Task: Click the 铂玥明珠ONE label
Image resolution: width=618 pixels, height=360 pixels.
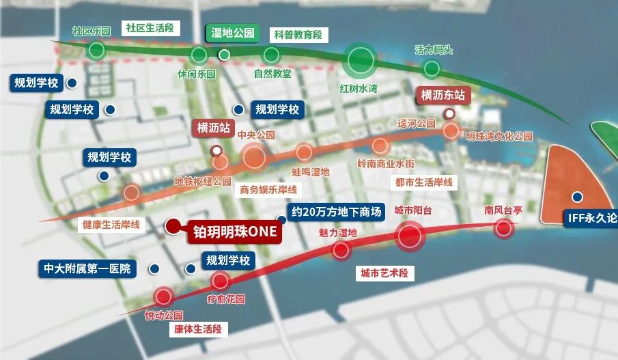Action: (x=233, y=232)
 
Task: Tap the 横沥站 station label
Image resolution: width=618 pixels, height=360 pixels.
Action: (x=214, y=128)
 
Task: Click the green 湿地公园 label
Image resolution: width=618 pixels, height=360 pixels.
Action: (x=232, y=33)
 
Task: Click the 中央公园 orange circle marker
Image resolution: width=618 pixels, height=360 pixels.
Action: (x=254, y=157)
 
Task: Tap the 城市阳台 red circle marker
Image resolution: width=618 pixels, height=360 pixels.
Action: (x=410, y=236)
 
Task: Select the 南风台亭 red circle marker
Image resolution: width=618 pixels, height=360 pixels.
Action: (x=503, y=228)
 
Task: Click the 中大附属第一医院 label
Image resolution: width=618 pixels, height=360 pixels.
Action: (x=87, y=268)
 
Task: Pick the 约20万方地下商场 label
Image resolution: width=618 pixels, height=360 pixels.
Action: (x=335, y=211)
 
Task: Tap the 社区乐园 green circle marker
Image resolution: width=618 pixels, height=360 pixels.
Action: (x=96, y=50)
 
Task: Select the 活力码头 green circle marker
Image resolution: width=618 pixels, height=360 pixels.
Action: (x=432, y=68)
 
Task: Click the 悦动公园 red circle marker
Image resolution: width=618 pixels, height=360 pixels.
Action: (x=163, y=296)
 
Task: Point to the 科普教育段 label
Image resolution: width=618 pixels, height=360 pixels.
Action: (x=298, y=34)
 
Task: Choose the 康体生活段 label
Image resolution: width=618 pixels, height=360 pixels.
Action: (x=197, y=329)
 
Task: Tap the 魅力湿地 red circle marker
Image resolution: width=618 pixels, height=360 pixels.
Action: (x=341, y=251)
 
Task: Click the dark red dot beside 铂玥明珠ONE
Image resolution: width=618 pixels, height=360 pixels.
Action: (x=173, y=225)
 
